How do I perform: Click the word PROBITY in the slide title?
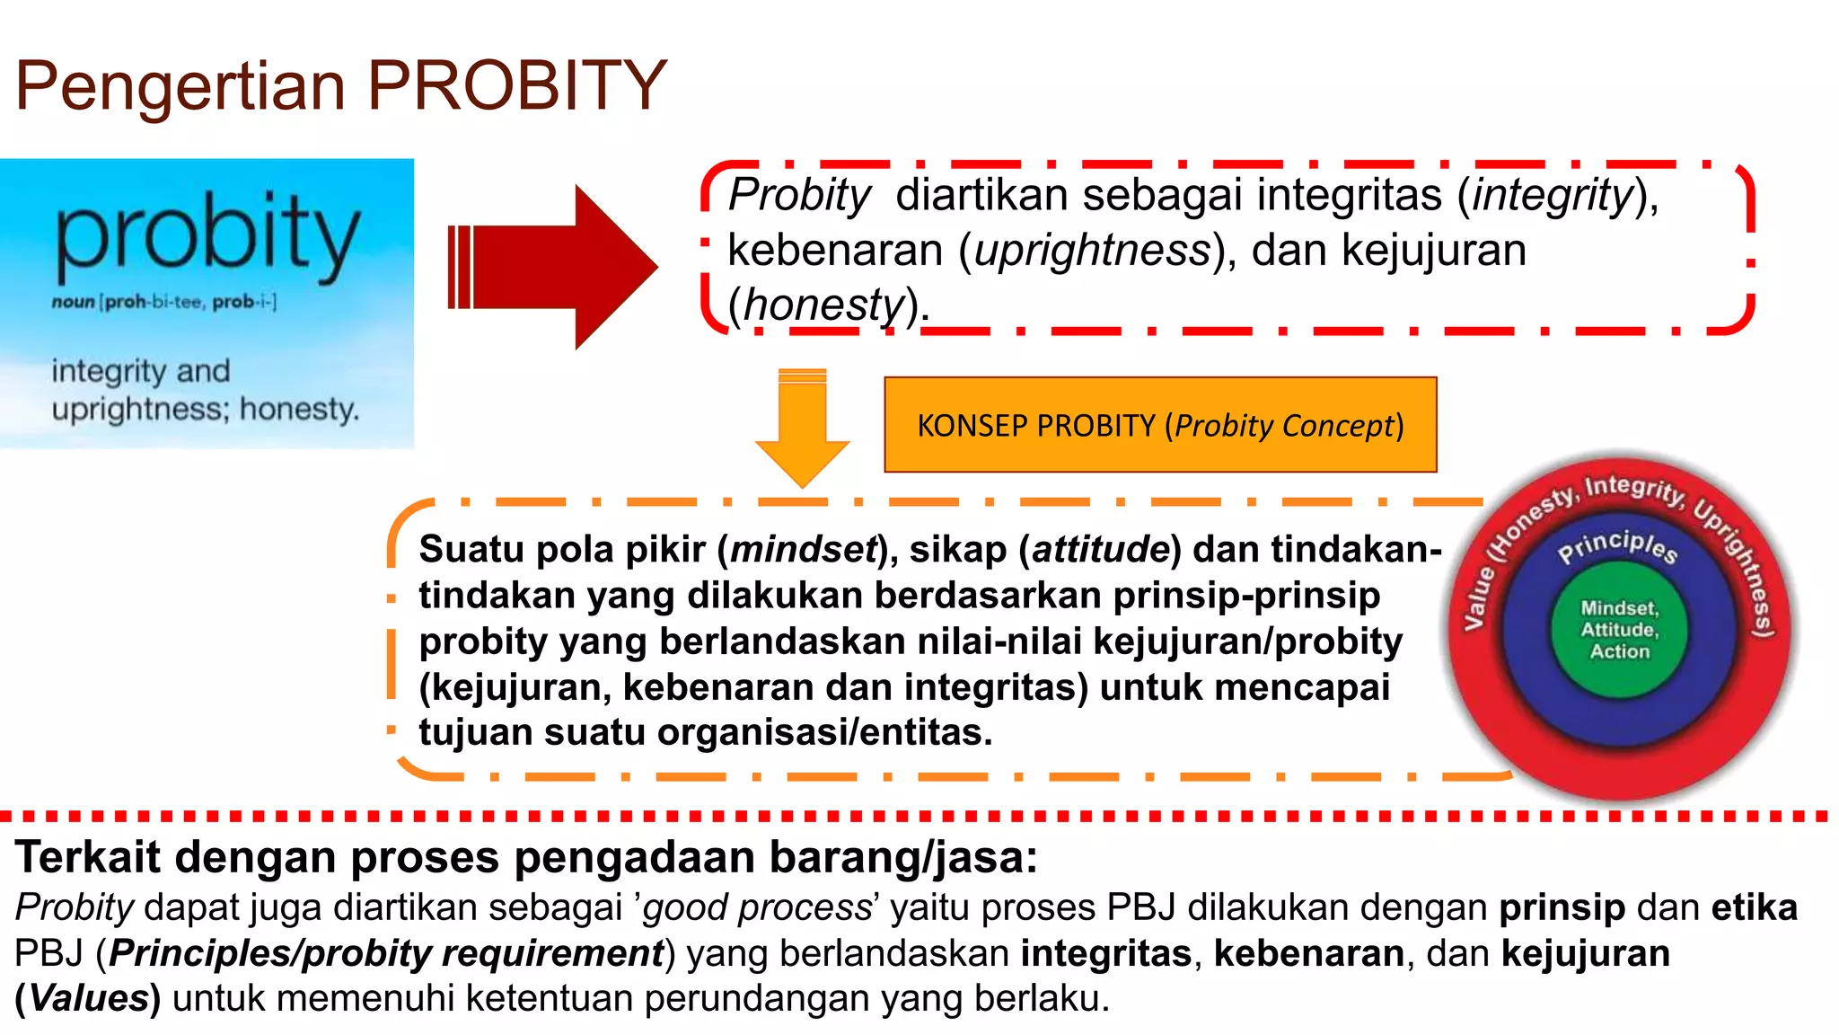pyautogui.click(x=516, y=86)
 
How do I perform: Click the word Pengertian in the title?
pyautogui.click(x=180, y=88)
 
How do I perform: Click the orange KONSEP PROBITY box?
pyautogui.click(x=1159, y=425)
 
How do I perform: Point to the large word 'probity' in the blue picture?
pyautogui.click(x=207, y=235)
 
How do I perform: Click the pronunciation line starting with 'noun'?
pyautogui.click(x=163, y=302)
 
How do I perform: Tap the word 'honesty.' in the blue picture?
pyautogui.click(x=299, y=410)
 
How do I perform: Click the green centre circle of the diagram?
pyautogui.click(x=1619, y=629)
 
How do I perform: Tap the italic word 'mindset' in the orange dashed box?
pyautogui.click(x=803, y=549)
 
